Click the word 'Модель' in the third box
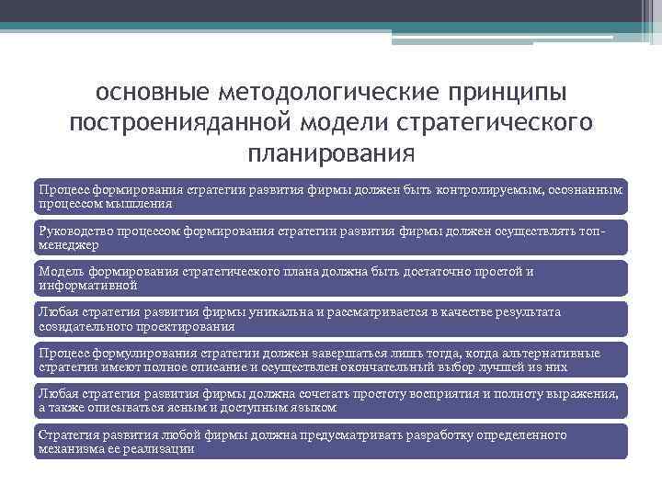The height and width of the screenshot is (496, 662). (58, 272)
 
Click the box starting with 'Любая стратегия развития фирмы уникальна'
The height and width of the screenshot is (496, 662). (330, 319)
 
